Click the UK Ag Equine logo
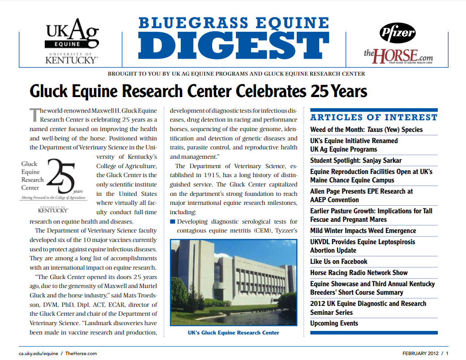(x=71, y=40)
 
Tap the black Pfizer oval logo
(x=398, y=32)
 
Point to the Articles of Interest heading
(x=374, y=118)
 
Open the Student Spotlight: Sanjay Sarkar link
(x=356, y=161)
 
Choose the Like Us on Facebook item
(x=338, y=262)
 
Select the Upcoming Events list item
(x=334, y=323)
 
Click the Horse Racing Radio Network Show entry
(x=359, y=272)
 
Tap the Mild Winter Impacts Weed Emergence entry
(x=363, y=231)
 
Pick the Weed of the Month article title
(x=366, y=130)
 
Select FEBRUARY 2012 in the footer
(x=419, y=353)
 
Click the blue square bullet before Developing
(x=172, y=222)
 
